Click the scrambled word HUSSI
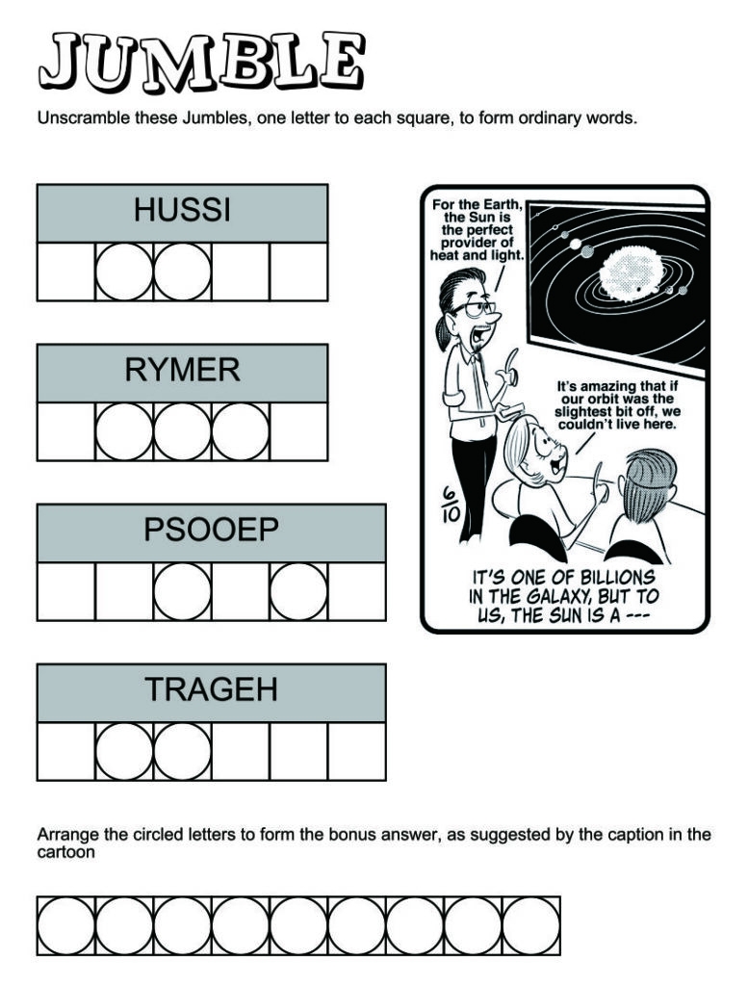(x=182, y=210)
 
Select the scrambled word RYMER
(x=182, y=370)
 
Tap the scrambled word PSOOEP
(x=211, y=530)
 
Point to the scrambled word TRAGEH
(x=211, y=689)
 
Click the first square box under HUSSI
(x=65, y=272)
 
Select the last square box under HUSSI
(x=298, y=272)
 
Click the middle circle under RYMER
(x=182, y=431)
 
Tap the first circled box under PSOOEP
(x=182, y=591)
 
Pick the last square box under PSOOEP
(x=356, y=591)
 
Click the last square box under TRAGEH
(x=356, y=751)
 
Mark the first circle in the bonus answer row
(x=65, y=925)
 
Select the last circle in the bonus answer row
(x=530, y=925)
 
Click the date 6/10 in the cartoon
(x=450, y=503)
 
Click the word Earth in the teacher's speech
(x=501, y=205)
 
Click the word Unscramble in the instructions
(x=78, y=119)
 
